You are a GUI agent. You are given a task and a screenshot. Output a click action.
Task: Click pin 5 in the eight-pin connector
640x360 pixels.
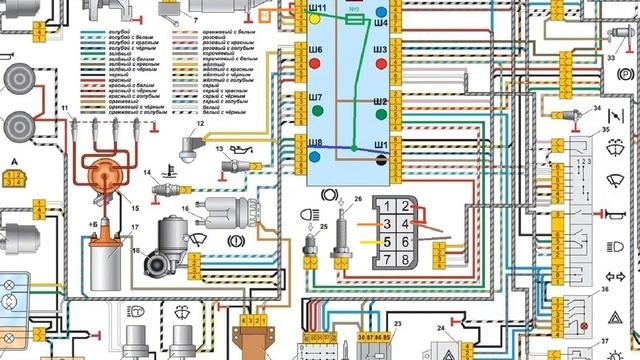386,240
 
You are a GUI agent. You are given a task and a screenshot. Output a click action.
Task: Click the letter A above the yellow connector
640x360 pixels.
14,162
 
